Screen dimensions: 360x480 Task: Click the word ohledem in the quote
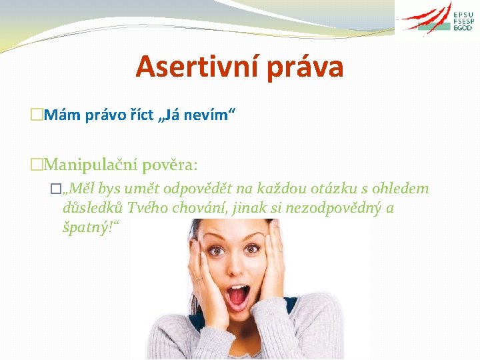coord(403,189)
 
